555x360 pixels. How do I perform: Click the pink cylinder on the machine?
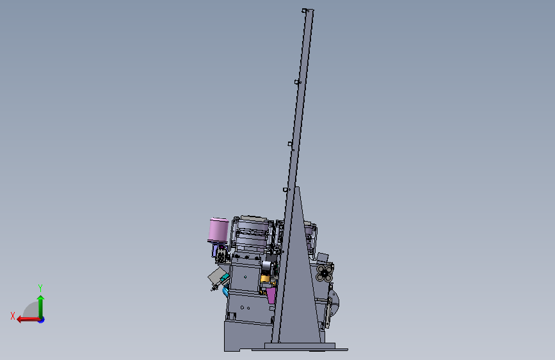point(218,230)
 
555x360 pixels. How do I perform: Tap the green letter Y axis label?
point(40,288)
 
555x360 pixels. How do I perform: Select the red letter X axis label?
point(13,316)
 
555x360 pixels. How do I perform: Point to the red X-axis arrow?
point(29,320)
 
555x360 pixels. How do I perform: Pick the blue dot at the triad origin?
point(42,320)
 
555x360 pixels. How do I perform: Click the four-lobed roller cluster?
point(324,273)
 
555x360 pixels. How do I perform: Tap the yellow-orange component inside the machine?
point(265,279)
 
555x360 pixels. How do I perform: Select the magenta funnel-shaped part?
point(271,295)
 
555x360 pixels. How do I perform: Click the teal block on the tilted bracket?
point(225,278)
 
